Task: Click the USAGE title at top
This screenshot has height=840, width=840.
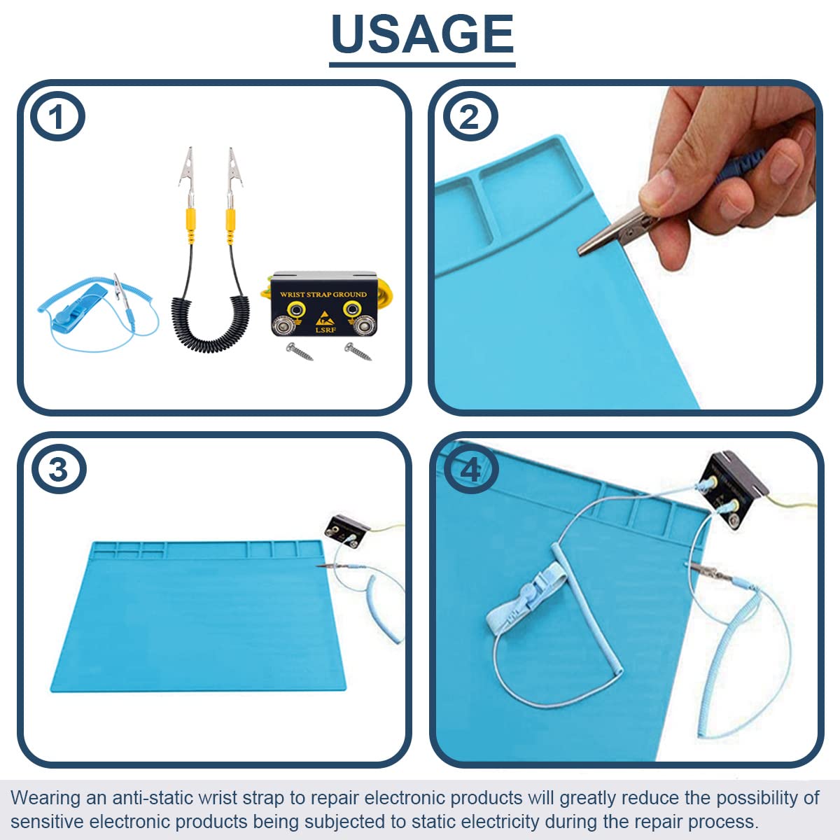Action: pyautogui.click(x=422, y=35)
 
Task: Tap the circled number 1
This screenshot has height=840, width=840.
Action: pyautogui.click(x=57, y=116)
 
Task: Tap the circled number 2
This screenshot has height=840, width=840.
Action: pyautogui.click(x=470, y=116)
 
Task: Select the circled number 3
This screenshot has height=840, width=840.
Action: pyautogui.click(x=58, y=469)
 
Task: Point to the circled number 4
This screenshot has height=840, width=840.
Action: pyautogui.click(x=470, y=469)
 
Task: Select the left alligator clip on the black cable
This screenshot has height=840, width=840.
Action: pyautogui.click(x=187, y=171)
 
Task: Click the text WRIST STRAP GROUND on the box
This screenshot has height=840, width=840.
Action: pyautogui.click(x=323, y=295)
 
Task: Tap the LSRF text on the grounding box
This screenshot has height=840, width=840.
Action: pyautogui.click(x=323, y=328)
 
